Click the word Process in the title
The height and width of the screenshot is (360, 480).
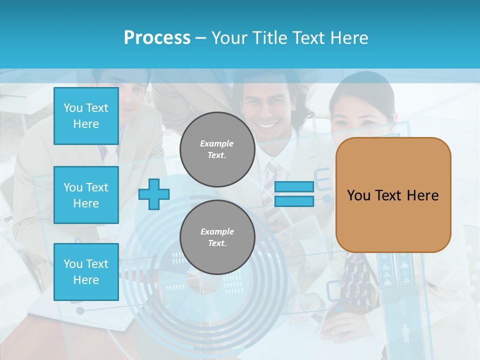(x=157, y=38)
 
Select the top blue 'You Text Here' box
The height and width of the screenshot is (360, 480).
(x=86, y=116)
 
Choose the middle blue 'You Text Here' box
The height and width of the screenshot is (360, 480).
(x=86, y=195)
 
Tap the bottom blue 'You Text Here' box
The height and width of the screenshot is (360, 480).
(x=86, y=272)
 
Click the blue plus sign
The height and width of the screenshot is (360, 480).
(x=154, y=194)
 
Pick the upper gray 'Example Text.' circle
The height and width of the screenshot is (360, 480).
(x=217, y=149)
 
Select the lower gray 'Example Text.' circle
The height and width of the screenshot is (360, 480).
(x=217, y=237)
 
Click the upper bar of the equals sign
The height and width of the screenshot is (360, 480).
(x=294, y=187)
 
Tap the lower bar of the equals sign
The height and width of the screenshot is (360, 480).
(x=294, y=201)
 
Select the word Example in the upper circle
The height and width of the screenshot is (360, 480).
(x=217, y=143)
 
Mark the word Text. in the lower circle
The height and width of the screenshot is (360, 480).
(x=217, y=243)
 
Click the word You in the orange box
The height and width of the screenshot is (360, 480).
(x=358, y=195)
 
